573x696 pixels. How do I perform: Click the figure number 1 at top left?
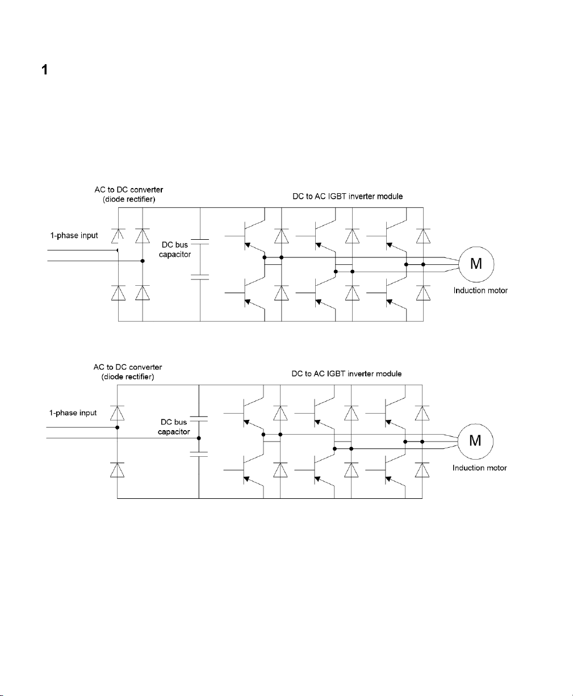tap(45, 70)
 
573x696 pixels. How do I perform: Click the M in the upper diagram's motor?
tap(476, 264)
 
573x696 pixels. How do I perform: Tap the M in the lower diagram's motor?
tap(475, 441)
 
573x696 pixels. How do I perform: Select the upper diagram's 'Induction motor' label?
tap(480, 290)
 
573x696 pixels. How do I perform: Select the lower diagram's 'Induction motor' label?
tap(479, 468)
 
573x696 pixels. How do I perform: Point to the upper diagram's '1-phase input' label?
tap(74, 235)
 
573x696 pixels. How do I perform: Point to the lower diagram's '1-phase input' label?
tap(73, 412)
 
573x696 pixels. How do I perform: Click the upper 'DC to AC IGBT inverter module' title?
tap(348, 197)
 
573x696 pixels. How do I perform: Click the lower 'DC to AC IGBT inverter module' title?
tap(346, 374)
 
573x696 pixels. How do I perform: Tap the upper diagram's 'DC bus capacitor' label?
tap(175, 249)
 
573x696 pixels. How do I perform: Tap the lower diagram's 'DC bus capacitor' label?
tap(174, 427)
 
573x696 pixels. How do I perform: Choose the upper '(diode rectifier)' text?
tap(129, 199)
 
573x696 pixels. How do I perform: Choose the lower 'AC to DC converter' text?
tap(128, 367)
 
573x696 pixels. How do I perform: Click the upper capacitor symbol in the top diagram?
tap(200, 241)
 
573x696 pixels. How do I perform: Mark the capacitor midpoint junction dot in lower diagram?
tap(199, 438)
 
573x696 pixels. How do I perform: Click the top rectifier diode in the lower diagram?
tap(117, 413)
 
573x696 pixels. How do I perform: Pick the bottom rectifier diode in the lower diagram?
tap(117, 470)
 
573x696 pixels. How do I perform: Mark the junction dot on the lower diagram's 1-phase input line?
tap(117, 427)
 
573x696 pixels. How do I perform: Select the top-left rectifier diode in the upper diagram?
tap(118, 236)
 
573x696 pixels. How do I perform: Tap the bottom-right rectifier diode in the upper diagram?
tap(143, 293)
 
